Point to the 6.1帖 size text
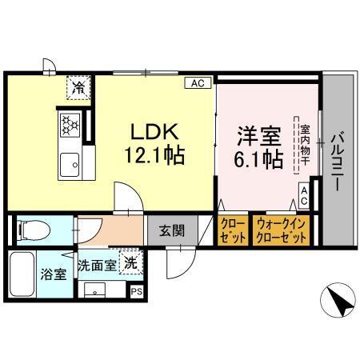pyautogui.click(x=257, y=158)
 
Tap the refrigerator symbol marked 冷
pyautogui.click(x=78, y=86)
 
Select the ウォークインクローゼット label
pyautogui.click(x=280, y=231)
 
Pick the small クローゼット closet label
pyautogui.click(x=232, y=231)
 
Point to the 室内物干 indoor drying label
pyautogui.click(x=305, y=146)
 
